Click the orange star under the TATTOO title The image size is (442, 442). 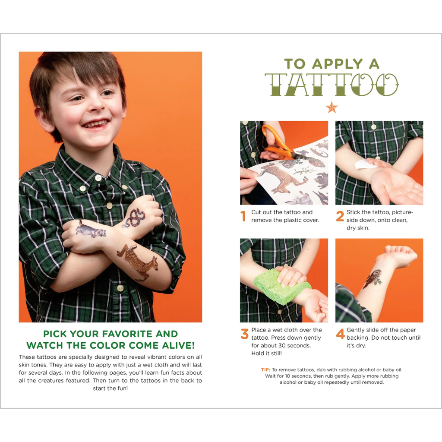pyautogui.click(x=331, y=107)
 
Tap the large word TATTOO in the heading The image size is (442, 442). pyautogui.click(x=331, y=85)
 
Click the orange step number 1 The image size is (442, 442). pyautogui.click(x=243, y=216)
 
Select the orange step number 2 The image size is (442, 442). pyautogui.click(x=340, y=216)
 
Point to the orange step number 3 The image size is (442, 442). pyautogui.click(x=244, y=334)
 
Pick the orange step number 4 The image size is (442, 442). pyautogui.click(x=340, y=334)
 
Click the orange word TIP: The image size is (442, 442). pyautogui.click(x=265, y=369)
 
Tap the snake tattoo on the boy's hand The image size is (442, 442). pyautogui.click(x=134, y=218)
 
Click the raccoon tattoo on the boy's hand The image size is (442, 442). pyautogui.click(x=91, y=229)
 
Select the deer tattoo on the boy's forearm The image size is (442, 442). pyautogui.click(x=137, y=262)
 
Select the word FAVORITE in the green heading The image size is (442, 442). pyautogui.click(x=126, y=334)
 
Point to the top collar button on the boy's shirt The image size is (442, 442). pyautogui.click(x=98, y=178)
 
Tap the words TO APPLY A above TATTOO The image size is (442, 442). pyautogui.click(x=331, y=64)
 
